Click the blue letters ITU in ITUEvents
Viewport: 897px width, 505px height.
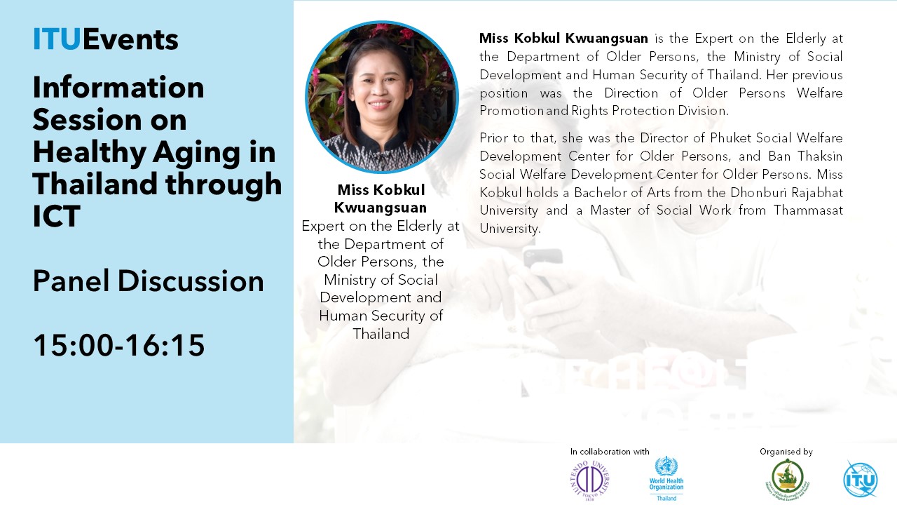pos(57,39)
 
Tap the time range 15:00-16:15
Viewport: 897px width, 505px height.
pos(119,345)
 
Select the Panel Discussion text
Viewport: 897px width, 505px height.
pos(148,281)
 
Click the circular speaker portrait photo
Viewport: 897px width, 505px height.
pos(381,97)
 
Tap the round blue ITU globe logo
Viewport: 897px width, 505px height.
pos(860,479)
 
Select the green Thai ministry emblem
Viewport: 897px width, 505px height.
pos(787,479)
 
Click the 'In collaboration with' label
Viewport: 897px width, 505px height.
pos(610,452)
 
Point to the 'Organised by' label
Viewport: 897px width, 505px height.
pos(786,452)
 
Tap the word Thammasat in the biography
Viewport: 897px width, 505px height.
pos(808,210)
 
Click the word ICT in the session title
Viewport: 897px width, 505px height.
pos(57,216)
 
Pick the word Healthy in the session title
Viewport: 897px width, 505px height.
pos(89,153)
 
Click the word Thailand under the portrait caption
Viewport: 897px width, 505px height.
pos(381,333)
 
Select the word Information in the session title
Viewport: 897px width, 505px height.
pos(118,88)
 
